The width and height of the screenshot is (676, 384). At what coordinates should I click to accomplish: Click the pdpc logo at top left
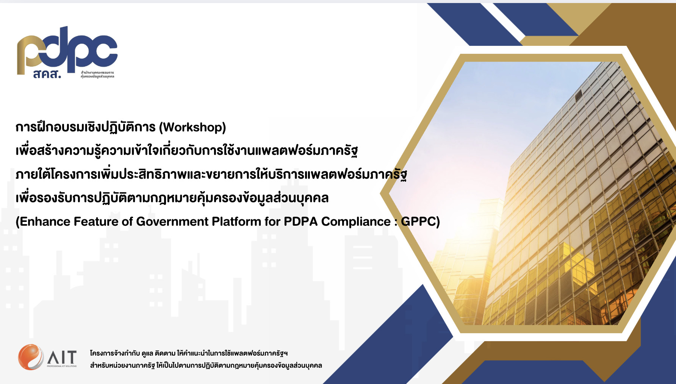tap(67, 52)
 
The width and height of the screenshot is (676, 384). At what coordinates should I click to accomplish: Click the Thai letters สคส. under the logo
tap(47, 74)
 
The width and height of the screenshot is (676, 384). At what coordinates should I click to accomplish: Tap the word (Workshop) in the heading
tap(192, 127)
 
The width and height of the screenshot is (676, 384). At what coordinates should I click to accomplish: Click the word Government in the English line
tap(172, 222)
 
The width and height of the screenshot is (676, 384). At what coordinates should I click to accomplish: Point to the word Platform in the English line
tap(236, 222)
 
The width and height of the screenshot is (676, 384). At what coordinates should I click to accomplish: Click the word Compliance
tap(356, 222)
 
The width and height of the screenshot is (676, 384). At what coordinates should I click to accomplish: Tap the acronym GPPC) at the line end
tap(420, 222)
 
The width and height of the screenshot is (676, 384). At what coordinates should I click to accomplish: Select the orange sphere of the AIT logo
tap(31, 357)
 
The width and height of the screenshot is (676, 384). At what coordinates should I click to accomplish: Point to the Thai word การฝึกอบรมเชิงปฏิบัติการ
tap(86, 127)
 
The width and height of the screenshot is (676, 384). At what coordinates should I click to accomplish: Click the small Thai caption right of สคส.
tap(97, 74)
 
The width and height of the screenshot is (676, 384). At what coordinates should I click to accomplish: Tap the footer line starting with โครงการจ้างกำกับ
tap(189, 353)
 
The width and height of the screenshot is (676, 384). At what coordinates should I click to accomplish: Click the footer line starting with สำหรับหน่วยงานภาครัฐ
tap(206, 365)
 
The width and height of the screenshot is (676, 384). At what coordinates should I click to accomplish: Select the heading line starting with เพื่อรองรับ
tap(172, 197)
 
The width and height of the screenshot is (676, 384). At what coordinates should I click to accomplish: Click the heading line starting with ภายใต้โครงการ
tap(211, 174)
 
